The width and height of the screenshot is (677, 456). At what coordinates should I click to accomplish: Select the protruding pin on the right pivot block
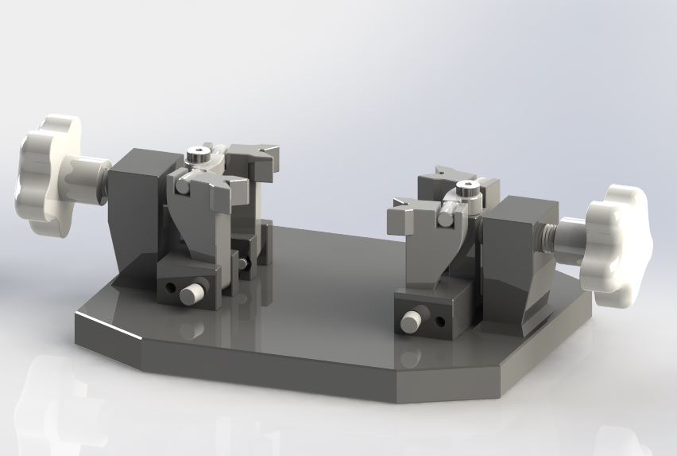tap(411, 322)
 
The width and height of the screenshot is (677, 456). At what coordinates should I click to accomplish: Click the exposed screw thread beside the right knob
tap(547, 233)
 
